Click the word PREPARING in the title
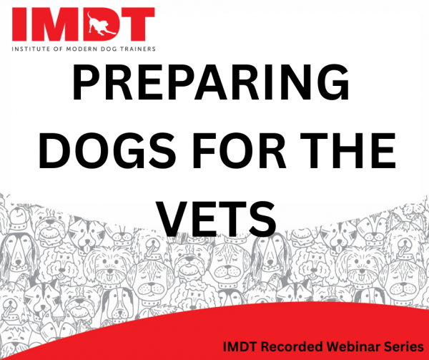[210, 82]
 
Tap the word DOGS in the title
[107, 150]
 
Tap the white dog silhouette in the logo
[102, 24]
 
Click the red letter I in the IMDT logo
[19, 24]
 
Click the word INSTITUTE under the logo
[31, 49]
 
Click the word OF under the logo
[59, 49]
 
